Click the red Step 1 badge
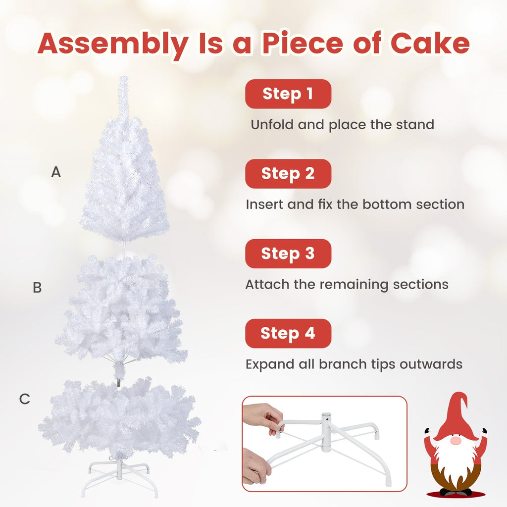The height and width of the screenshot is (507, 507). (x=288, y=94)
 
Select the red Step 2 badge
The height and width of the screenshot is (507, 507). (x=288, y=173)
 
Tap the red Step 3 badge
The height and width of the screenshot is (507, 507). (x=288, y=253)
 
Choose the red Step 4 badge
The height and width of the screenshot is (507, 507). (x=288, y=333)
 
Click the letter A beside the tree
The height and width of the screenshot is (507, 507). (x=56, y=172)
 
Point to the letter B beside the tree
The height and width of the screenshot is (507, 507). (x=37, y=288)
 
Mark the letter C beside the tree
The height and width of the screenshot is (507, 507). (x=25, y=399)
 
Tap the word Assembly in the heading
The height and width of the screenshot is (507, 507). (x=112, y=45)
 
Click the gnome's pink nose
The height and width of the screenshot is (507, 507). (x=455, y=440)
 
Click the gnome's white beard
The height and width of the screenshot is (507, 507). (x=455, y=458)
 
